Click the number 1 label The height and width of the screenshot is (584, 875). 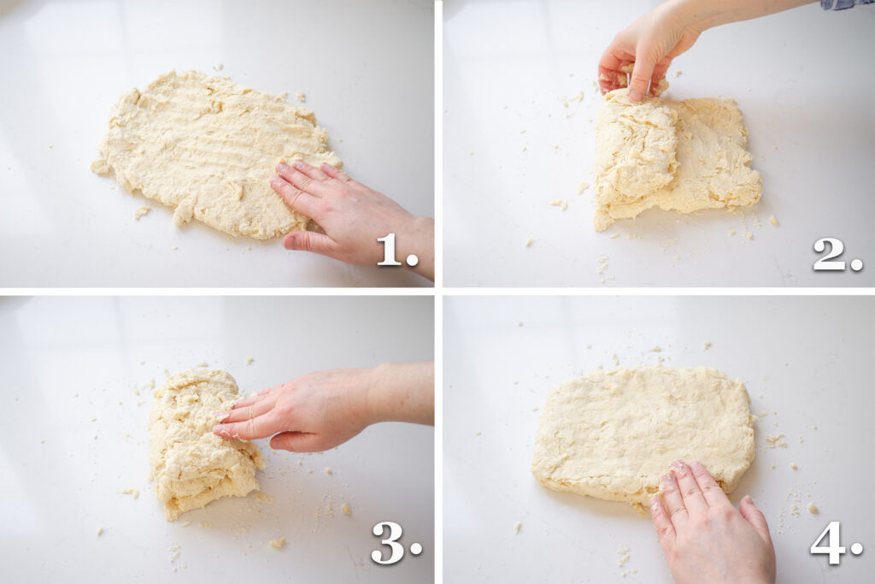(x=396, y=250)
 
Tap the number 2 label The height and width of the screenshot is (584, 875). (x=835, y=254)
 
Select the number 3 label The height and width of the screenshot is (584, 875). (x=394, y=543)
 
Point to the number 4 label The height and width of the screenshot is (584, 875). (x=834, y=543)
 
